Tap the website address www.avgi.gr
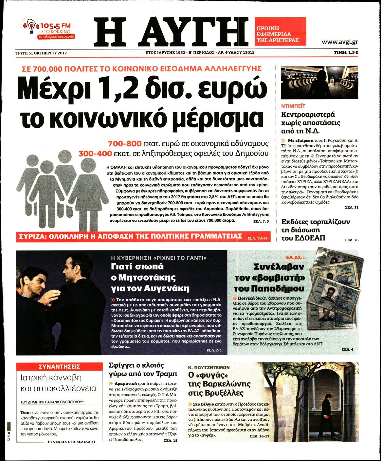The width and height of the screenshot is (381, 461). [x=339, y=42]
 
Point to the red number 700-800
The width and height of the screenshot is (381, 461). [x=125, y=144]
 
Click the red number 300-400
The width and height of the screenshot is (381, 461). [x=95, y=153]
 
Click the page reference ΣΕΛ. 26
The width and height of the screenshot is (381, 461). [x=352, y=240]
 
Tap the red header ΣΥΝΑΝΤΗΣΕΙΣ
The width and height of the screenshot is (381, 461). [x=59, y=366]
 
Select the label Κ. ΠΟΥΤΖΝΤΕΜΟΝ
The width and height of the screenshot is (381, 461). [x=209, y=367]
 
